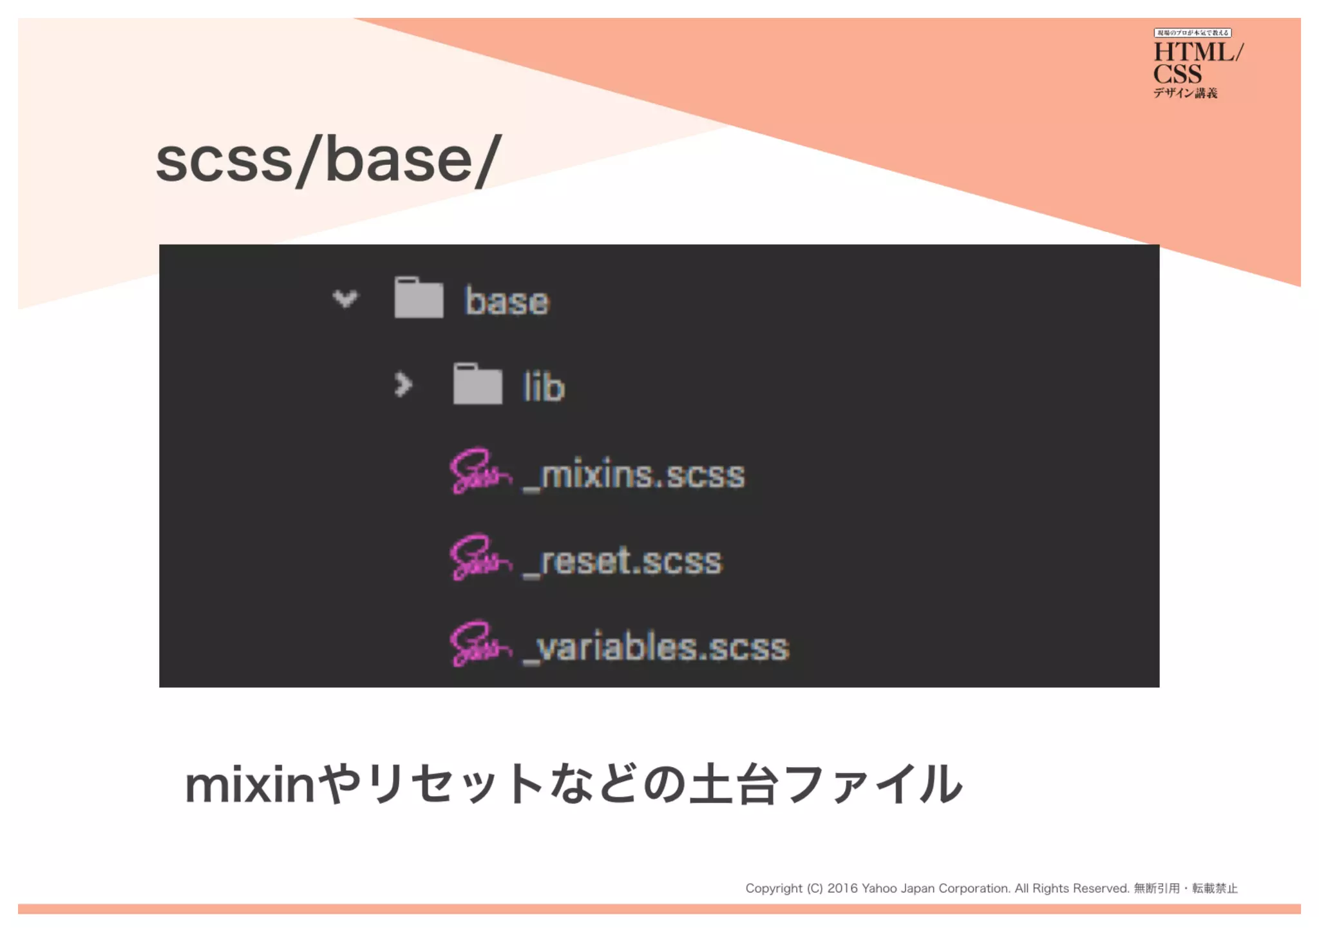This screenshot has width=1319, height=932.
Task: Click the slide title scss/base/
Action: (x=328, y=160)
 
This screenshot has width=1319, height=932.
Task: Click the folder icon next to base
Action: (x=419, y=298)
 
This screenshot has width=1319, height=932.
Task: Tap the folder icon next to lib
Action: (x=477, y=384)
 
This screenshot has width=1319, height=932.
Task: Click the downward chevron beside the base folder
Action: (x=345, y=298)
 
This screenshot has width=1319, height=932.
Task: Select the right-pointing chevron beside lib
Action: (x=403, y=385)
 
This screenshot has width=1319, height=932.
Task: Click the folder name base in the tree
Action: (x=507, y=301)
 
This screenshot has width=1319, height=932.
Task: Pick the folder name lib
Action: (x=544, y=387)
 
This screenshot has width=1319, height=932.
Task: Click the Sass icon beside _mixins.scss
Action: (x=480, y=471)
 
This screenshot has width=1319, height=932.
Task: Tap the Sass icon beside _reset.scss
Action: (x=480, y=558)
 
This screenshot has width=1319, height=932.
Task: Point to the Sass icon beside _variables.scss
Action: (x=480, y=643)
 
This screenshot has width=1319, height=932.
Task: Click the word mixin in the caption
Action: (x=250, y=785)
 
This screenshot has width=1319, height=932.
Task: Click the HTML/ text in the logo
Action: (x=1197, y=52)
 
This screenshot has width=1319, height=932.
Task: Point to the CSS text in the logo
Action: (x=1177, y=74)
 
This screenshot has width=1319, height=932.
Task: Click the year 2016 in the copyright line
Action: (x=842, y=888)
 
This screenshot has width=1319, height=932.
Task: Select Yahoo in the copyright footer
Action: (x=879, y=888)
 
